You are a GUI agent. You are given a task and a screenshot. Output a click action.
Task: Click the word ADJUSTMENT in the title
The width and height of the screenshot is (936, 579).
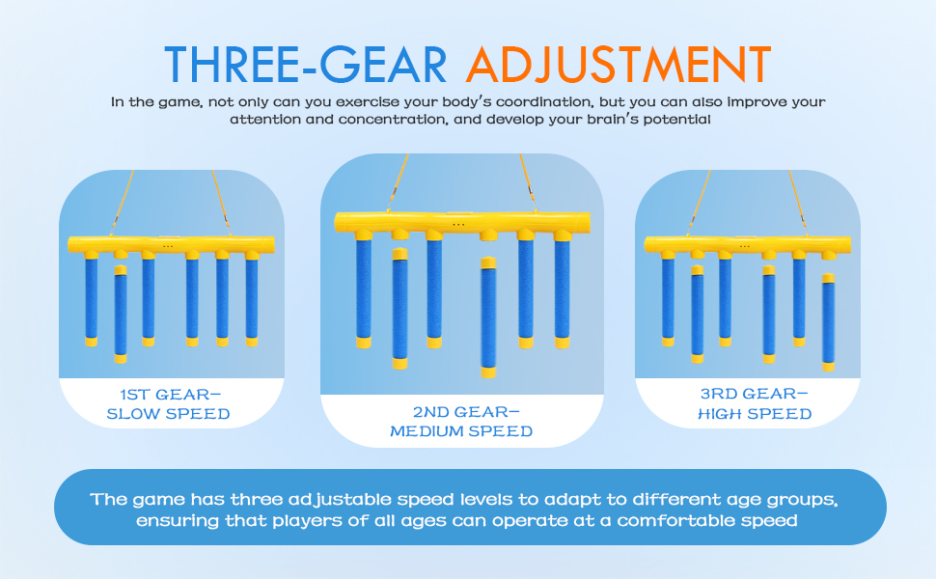point(619,64)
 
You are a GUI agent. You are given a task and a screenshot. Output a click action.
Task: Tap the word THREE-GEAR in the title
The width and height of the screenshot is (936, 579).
point(306,64)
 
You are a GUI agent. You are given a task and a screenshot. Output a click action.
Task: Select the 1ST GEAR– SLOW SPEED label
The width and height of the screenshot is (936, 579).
point(168,404)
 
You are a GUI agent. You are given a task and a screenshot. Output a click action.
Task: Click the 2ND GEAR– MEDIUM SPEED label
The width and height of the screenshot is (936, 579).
point(461,422)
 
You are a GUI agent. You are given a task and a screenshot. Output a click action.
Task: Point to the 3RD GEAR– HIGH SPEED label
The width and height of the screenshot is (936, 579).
point(755,404)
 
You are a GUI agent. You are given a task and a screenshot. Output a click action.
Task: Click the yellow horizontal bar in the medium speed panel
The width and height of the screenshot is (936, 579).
point(462,222)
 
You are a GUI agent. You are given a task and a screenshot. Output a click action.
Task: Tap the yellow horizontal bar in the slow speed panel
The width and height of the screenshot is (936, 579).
point(172,243)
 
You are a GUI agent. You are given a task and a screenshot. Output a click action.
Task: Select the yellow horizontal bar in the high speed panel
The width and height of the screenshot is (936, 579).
point(748,243)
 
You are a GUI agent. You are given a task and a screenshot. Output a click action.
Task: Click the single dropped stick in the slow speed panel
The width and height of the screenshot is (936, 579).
point(121,315)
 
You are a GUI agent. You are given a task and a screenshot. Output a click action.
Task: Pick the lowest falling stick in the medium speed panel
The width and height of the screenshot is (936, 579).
point(488,317)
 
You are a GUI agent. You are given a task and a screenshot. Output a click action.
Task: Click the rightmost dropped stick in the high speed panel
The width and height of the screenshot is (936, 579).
point(828,322)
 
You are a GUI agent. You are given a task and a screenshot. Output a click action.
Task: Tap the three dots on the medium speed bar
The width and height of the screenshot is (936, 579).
point(458,225)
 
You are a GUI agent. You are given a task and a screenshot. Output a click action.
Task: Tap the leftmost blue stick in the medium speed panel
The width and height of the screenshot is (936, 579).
point(364,289)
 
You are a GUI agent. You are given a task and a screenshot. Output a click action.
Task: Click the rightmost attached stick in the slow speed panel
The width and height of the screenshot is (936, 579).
point(252,298)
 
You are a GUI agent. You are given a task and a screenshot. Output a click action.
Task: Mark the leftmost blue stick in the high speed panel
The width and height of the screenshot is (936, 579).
point(668,298)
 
